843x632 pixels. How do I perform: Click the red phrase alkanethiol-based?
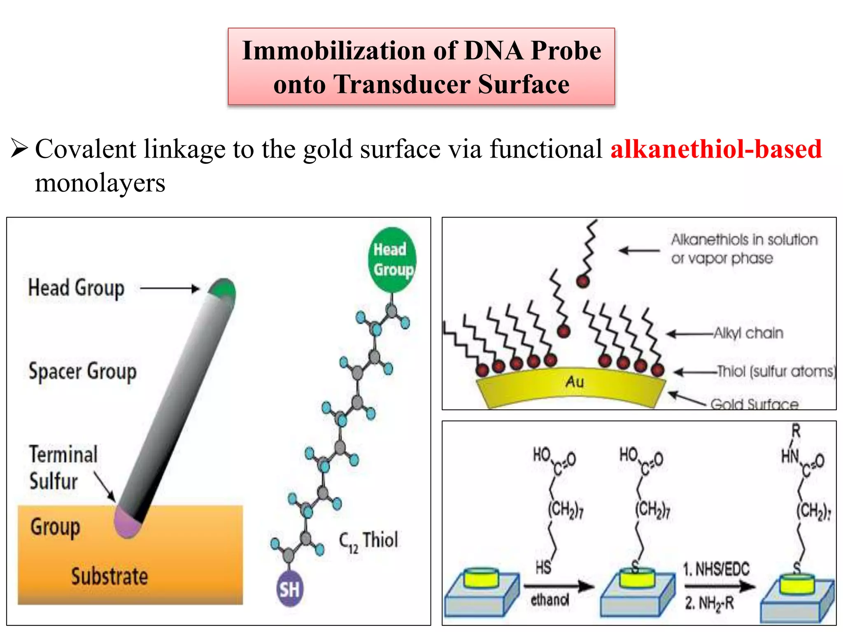point(716,149)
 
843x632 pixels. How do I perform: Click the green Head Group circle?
point(392,260)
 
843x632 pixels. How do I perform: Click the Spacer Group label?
point(82,372)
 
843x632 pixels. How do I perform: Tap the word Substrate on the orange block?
point(109,576)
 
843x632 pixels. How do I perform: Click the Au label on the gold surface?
point(574,382)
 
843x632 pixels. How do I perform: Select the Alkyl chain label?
point(748,333)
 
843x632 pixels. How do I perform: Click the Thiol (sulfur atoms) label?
point(776,371)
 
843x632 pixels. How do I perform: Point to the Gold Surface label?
point(754,404)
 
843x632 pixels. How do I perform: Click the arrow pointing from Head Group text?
point(169,288)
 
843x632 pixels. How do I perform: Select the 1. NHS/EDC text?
point(716,569)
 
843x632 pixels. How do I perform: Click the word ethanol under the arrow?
point(550,600)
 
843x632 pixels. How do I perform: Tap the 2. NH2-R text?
point(709,603)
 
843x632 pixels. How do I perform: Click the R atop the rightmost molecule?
point(796,431)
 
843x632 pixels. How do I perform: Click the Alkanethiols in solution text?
point(744,239)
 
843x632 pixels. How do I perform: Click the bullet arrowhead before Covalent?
point(19,149)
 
